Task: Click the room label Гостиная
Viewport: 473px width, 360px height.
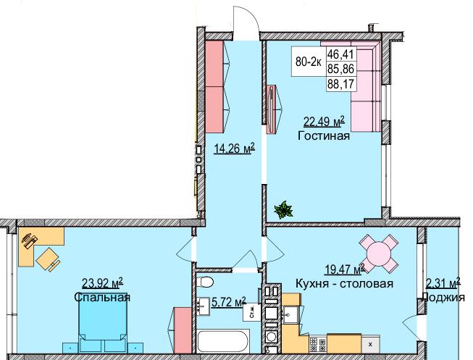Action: [x=323, y=135]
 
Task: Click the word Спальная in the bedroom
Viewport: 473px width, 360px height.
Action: [x=102, y=297]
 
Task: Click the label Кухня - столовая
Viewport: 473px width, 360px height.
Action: [x=344, y=283]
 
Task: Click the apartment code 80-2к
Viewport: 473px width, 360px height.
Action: [x=309, y=62]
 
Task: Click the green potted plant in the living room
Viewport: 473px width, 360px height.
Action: [x=282, y=210]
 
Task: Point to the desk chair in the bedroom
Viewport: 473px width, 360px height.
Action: [x=48, y=256]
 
